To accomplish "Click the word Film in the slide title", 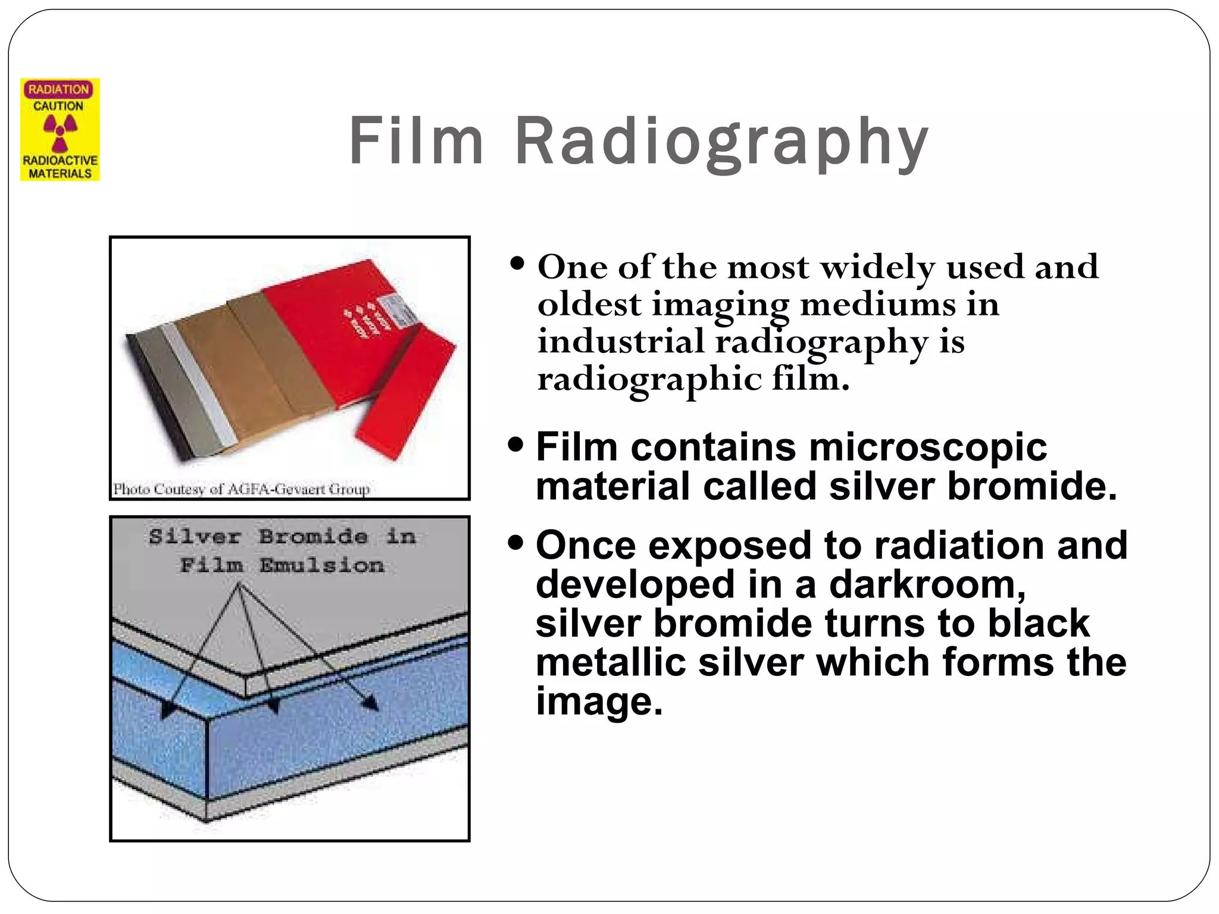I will click(415, 142).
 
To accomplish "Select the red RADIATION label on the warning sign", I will click(58, 90).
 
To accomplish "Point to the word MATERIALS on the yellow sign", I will click(60, 173).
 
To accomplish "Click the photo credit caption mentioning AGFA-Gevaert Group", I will click(242, 489).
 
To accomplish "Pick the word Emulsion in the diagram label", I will click(321, 565).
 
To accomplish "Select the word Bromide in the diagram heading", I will click(313, 537).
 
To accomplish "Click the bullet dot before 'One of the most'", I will click(517, 262).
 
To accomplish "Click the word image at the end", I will click(598, 701).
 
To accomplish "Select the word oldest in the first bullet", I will click(589, 305).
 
